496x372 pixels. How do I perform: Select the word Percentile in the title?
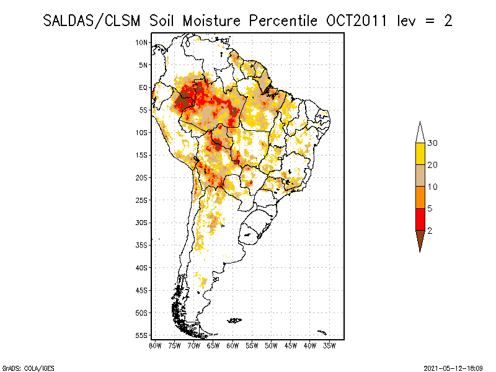click(x=284, y=20)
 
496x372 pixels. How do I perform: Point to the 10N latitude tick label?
click(x=142, y=42)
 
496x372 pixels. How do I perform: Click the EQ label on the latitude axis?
click(x=143, y=87)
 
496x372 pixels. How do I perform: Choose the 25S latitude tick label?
click(x=142, y=200)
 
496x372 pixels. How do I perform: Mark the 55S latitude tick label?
click(x=142, y=335)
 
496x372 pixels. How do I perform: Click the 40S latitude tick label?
click(x=142, y=267)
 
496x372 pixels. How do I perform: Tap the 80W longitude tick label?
click(x=155, y=345)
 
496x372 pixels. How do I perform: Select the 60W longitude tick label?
click(x=232, y=345)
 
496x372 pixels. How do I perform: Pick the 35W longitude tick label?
click(x=329, y=345)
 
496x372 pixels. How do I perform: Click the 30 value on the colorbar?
click(x=433, y=143)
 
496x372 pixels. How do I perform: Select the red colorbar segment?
click(x=420, y=219)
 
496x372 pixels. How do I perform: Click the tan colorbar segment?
click(x=420, y=175)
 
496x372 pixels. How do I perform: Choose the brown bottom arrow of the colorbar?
click(x=420, y=239)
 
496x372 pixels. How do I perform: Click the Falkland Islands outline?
click(x=234, y=320)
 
